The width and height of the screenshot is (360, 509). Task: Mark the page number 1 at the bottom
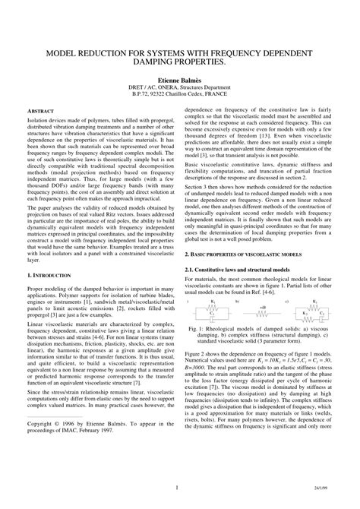click(176, 487)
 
